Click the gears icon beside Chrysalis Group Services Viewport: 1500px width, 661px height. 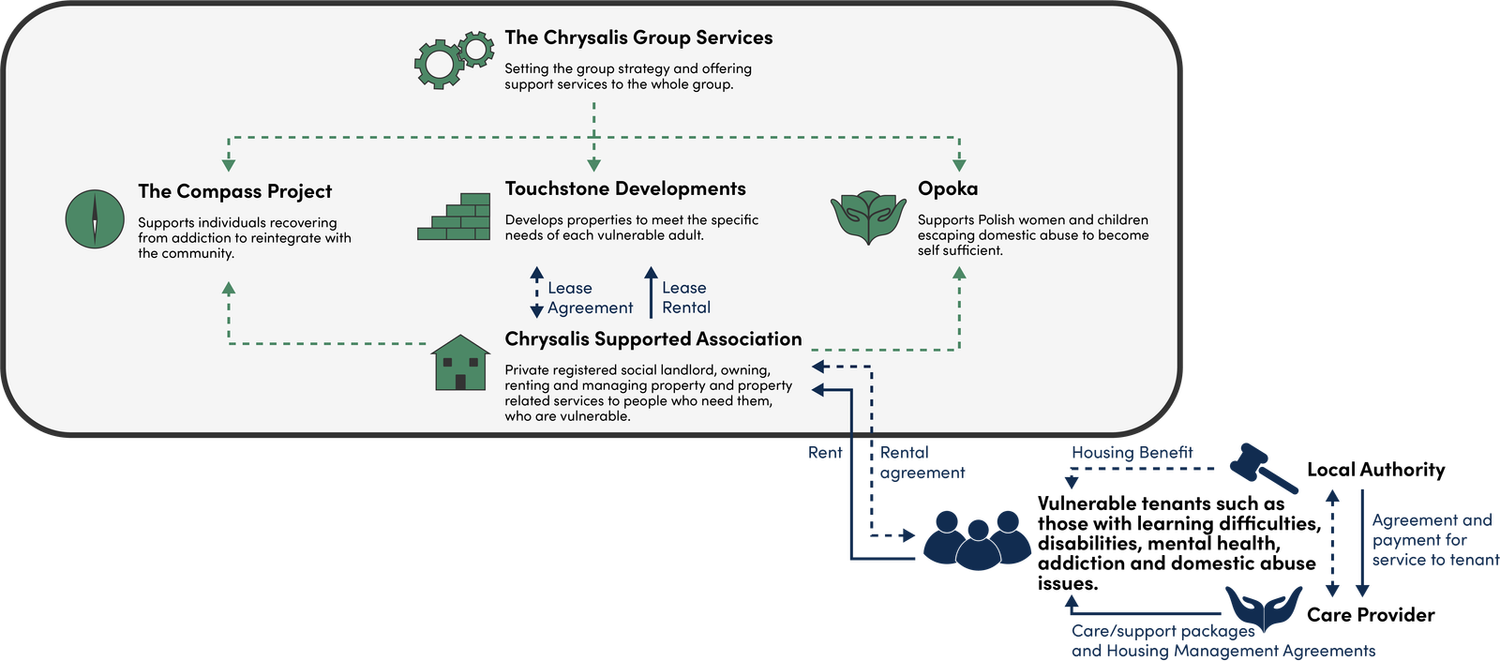[454, 60]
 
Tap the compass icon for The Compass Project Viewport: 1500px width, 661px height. [95, 219]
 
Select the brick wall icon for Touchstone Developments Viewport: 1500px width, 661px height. [455, 217]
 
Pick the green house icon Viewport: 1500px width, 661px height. [460, 363]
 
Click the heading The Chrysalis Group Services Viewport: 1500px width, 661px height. [638, 38]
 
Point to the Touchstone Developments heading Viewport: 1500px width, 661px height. [625, 189]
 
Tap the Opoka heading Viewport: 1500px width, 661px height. [948, 189]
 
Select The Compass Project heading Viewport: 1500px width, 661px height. [234, 192]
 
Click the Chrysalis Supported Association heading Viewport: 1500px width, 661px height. [653, 339]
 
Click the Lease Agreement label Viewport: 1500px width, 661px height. [590, 298]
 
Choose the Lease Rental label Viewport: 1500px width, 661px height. [686, 298]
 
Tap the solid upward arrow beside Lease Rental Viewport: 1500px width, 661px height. [651, 293]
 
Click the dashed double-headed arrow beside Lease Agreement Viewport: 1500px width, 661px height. [537, 293]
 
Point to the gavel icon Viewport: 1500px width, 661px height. [1263, 467]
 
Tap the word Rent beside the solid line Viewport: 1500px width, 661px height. [825, 453]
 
